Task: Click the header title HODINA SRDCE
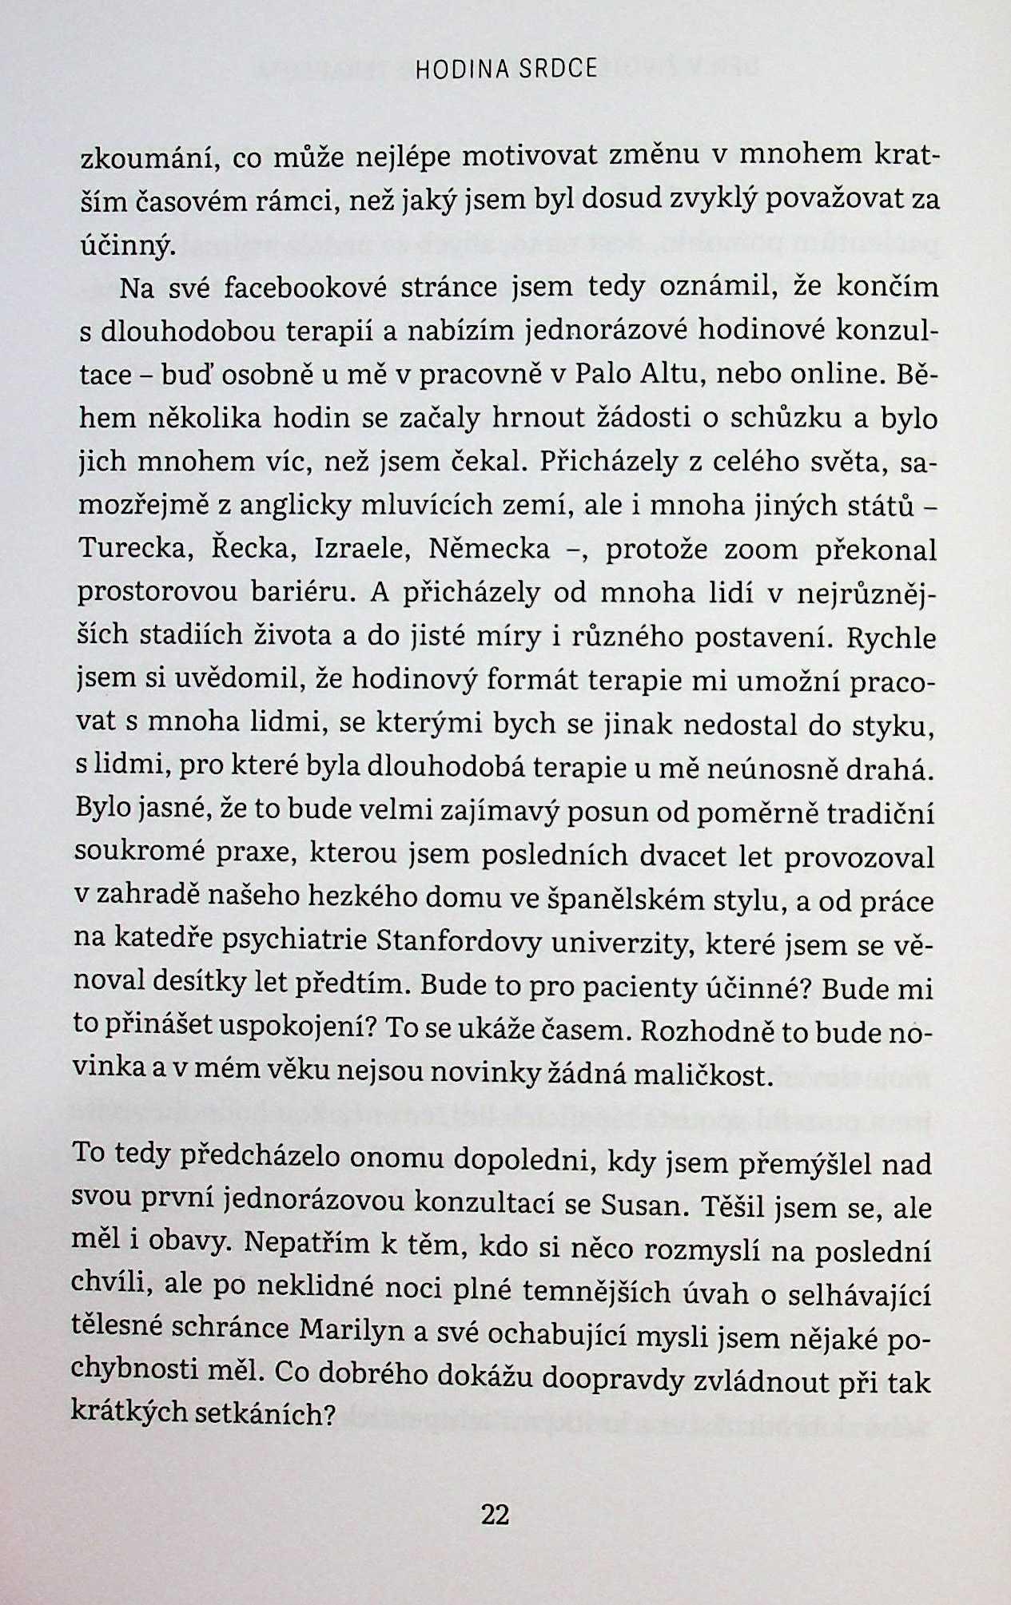tap(506, 70)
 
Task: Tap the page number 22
tap(496, 1514)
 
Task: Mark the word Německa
tap(489, 550)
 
